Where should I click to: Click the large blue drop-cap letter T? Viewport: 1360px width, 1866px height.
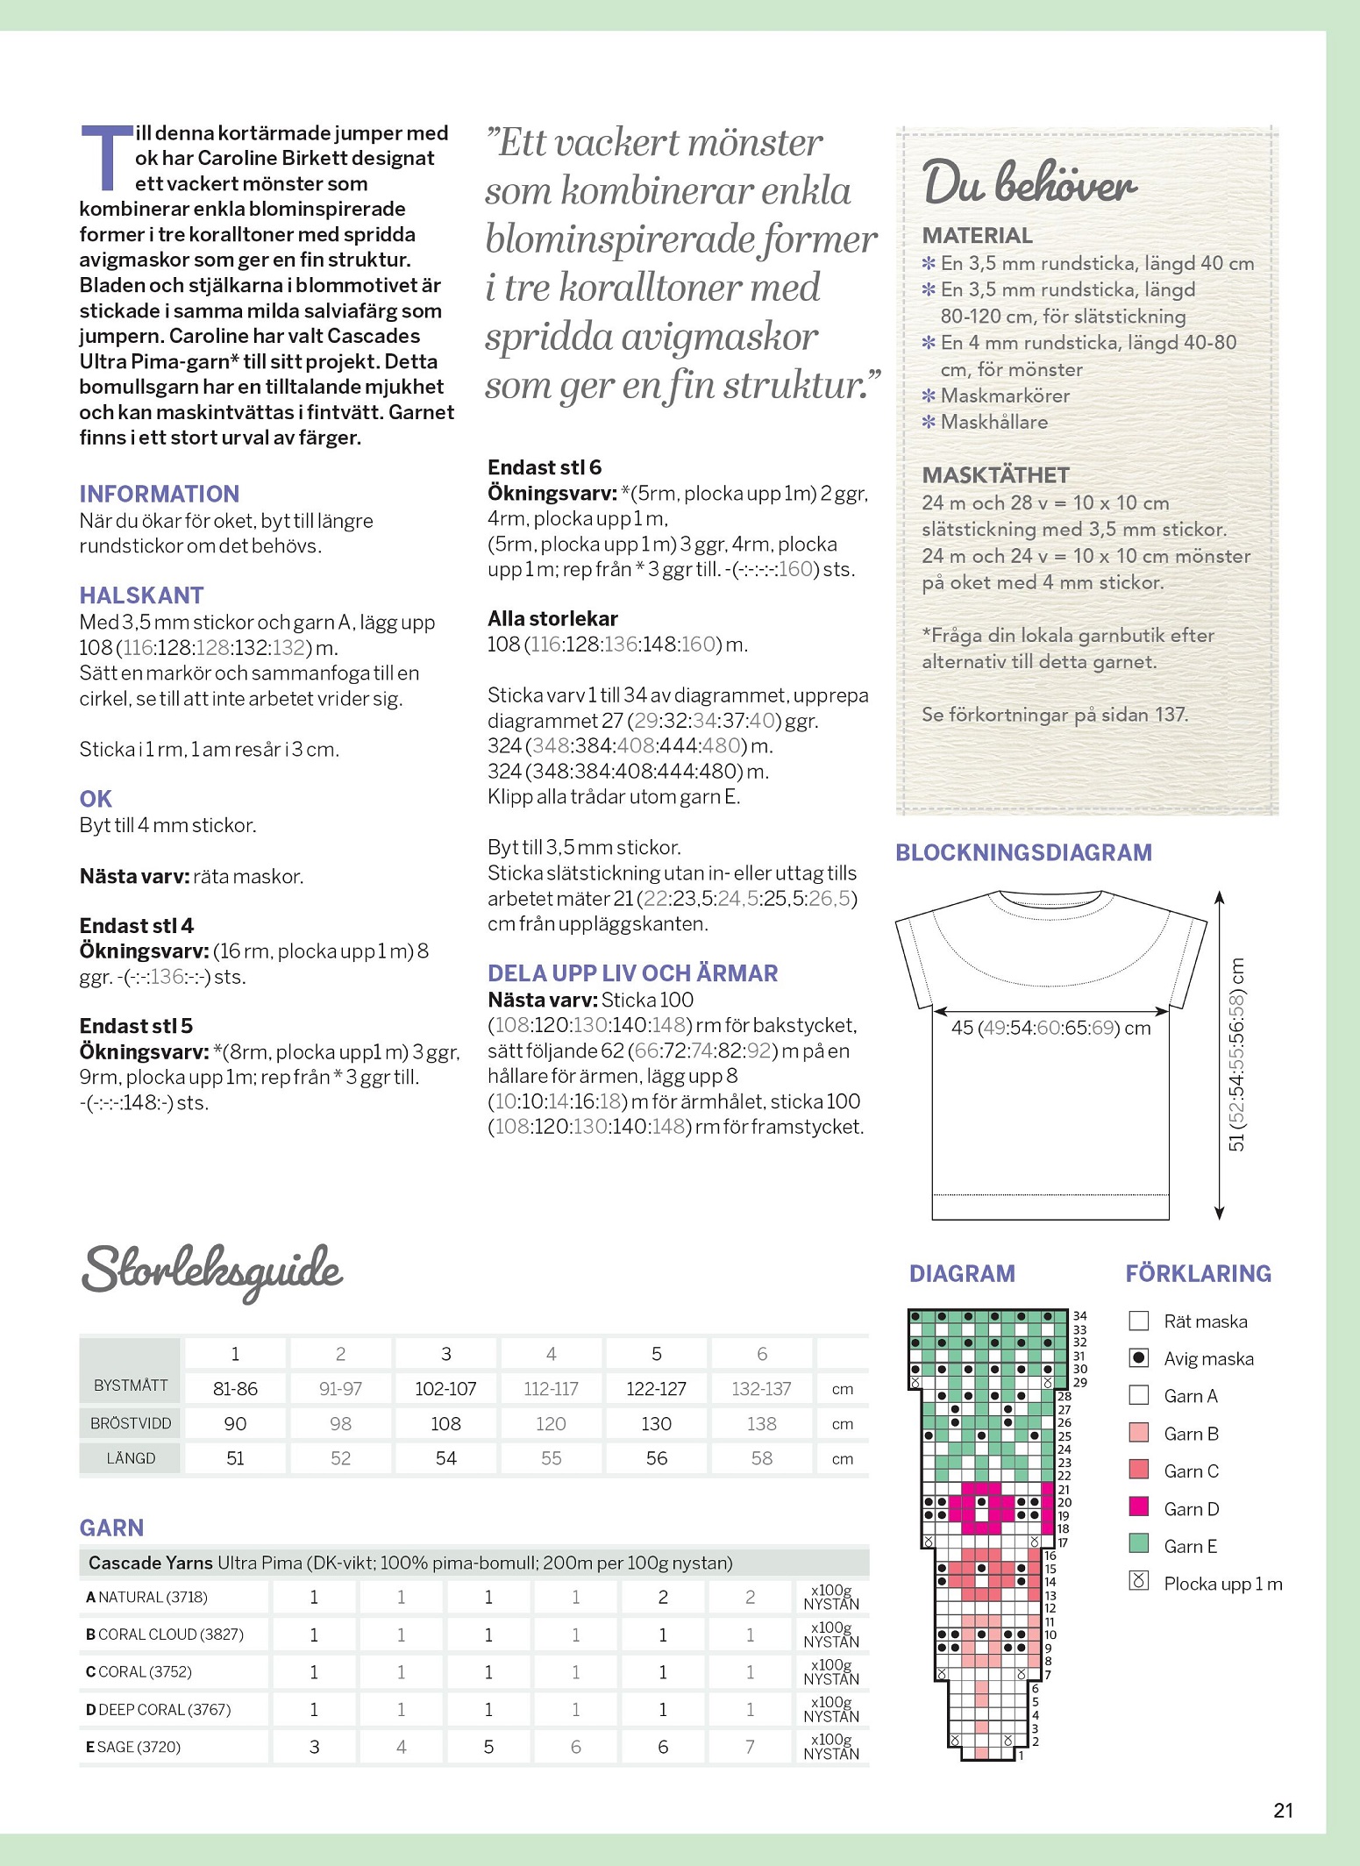107,158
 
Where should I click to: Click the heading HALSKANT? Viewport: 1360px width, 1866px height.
141,595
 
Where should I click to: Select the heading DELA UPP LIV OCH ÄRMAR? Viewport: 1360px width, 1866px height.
632,973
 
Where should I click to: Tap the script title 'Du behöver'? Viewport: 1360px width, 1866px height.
1029,183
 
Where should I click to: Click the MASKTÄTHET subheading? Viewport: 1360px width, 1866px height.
995,475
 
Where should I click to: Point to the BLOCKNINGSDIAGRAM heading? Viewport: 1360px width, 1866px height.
1023,852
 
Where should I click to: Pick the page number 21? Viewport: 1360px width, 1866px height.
1283,1810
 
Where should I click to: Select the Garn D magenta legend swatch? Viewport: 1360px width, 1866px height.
1138,1508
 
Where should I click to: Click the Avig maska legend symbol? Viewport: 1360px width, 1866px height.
1138,1358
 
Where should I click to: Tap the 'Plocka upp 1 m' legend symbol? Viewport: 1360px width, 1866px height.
1138,1583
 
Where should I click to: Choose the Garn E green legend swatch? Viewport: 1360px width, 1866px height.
1138,1546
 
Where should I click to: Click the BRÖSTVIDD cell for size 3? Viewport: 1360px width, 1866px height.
445,1423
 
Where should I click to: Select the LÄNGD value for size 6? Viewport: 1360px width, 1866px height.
761,1458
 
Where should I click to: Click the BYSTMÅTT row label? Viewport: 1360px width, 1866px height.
131,1385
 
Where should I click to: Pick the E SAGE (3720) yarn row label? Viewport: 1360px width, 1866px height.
133,1747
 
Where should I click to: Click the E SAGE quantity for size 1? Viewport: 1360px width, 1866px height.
314,1747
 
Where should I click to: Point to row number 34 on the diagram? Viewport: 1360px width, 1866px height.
1079,1315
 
